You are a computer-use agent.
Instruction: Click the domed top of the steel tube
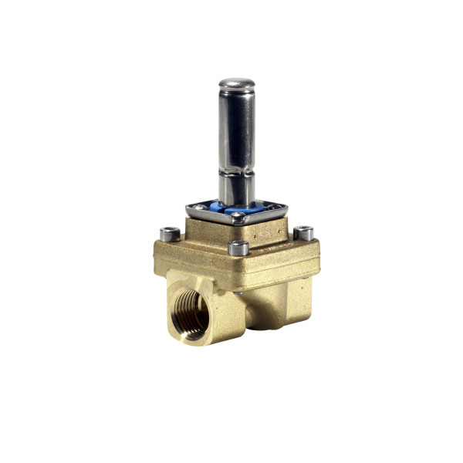tap(236, 83)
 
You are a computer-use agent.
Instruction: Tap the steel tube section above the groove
tap(236, 127)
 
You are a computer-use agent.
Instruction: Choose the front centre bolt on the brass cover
tap(238, 248)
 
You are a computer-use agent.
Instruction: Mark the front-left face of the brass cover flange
tap(193, 259)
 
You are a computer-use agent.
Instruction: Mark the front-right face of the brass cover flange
tap(282, 259)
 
